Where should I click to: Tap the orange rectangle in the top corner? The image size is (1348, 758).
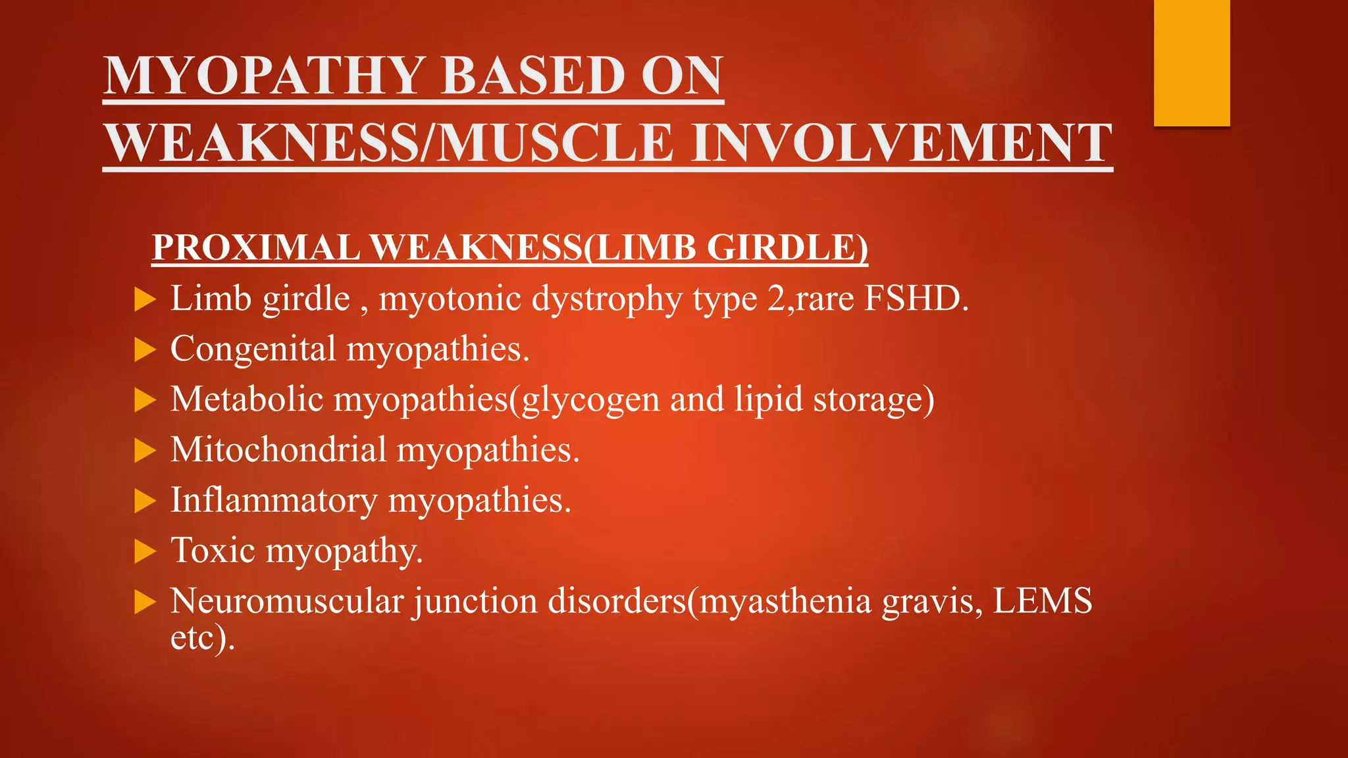pyautogui.click(x=1191, y=63)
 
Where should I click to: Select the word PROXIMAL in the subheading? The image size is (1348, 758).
pyautogui.click(x=256, y=248)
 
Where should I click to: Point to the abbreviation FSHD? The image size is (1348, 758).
pyautogui.click(x=916, y=299)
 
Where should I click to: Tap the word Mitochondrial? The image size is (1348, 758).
pyautogui.click(x=278, y=450)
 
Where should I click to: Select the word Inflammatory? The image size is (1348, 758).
pyautogui.click(x=274, y=501)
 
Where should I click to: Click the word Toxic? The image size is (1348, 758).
pyautogui.click(x=213, y=551)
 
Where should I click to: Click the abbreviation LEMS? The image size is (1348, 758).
pyautogui.click(x=1042, y=601)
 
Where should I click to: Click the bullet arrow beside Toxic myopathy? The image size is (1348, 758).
pyautogui.click(x=144, y=551)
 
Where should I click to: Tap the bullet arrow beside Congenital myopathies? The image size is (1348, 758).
pyautogui.click(x=144, y=350)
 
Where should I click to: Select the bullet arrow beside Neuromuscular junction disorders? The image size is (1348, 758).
pyautogui.click(x=144, y=602)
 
